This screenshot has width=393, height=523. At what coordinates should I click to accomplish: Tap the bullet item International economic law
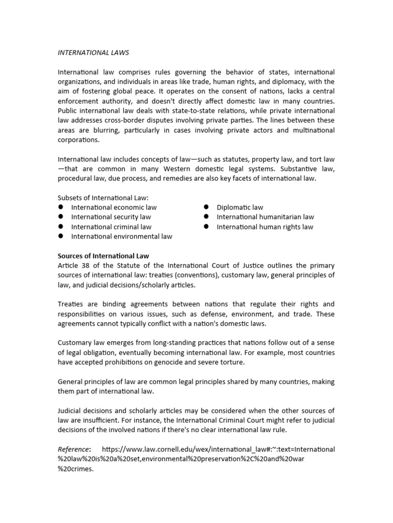(x=114, y=207)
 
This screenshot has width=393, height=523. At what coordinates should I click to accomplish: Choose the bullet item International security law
(x=111, y=217)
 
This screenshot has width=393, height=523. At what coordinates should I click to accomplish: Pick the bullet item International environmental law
(x=121, y=236)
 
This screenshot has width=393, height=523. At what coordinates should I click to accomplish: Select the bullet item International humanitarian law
(x=265, y=217)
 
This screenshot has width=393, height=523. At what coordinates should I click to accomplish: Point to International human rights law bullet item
(x=265, y=227)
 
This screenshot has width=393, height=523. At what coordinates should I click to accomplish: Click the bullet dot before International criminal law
(x=60, y=226)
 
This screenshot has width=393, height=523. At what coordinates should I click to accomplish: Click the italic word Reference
(x=74, y=449)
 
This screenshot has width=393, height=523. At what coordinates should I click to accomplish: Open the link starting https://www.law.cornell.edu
(x=219, y=449)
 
